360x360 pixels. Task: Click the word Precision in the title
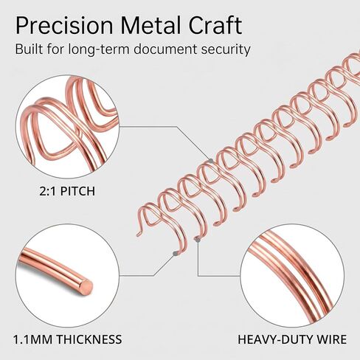[x=64, y=26]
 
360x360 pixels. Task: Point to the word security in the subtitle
[x=226, y=49]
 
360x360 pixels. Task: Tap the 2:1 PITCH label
[x=67, y=191]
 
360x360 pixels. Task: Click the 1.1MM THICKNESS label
[x=67, y=339]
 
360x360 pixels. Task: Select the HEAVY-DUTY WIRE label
[x=292, y=339]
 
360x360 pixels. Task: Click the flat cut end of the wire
[x=87, y=286]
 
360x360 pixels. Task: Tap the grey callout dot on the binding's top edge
[x=211, y=161]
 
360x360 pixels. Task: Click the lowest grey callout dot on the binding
[x=175, y=254]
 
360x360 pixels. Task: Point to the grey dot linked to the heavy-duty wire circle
[x=197, y=239]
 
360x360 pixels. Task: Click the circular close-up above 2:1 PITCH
[x=67, y=127]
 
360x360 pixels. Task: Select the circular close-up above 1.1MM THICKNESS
[x=67, y=275]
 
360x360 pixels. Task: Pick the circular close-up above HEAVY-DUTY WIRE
[x=292, y=275]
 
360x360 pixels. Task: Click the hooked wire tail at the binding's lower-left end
[x=139, y=232]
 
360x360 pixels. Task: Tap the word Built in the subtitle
[x=29, y=49]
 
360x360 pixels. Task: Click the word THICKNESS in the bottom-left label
[x=89, y=339]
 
